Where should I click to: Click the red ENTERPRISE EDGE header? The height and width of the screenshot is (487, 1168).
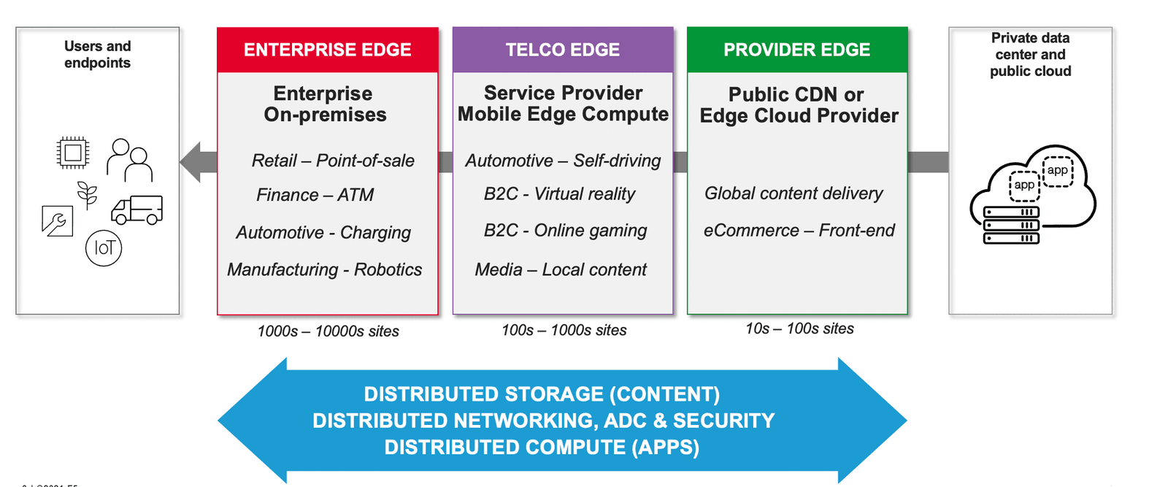click(328, 50)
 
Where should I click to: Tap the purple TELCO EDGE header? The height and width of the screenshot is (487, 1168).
click(563, 50)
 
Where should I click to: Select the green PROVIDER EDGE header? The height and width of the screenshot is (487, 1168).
click(797, 50)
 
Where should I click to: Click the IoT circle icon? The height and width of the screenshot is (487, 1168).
click(104, 248)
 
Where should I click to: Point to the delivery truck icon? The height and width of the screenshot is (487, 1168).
click(137, 210)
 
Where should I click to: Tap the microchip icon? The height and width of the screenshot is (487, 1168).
click(72, 153)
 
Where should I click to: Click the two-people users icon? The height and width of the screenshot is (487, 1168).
click(130, 160)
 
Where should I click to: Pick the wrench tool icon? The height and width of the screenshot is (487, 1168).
click(58, 221)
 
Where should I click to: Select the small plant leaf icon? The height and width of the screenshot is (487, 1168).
click(88, 194)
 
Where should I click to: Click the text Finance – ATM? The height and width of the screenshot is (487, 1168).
click(315, 195)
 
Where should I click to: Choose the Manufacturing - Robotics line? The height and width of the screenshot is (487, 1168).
click(324, 269)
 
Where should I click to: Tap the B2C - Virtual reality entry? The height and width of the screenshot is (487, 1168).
click(559, 194)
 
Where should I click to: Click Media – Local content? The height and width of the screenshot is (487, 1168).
click(561, 269)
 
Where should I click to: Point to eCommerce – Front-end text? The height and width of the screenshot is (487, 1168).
click(799, 231)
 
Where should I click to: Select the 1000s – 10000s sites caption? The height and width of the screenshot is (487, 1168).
click(328, 331)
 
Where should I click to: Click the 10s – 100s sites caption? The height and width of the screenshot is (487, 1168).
click(799, 329)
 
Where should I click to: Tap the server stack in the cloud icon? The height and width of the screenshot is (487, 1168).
click(1011, 226)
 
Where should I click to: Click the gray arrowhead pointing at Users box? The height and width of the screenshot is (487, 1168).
click(191, 162)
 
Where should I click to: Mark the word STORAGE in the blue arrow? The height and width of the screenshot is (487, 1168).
click(554, 394)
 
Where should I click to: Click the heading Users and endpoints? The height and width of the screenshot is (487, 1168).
click(98, 54)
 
